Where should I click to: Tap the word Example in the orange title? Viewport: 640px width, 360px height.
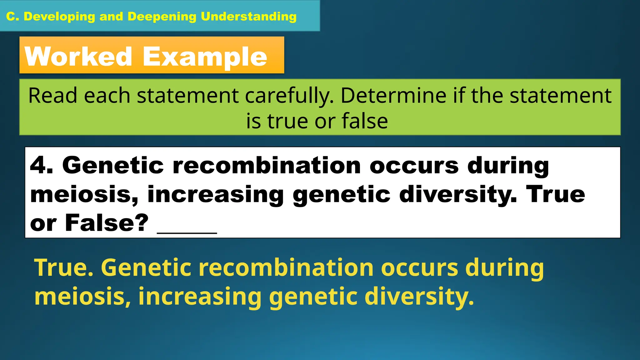[205, 57]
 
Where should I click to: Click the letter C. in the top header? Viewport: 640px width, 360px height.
[12, 17]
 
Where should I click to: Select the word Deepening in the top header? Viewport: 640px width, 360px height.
[162, 17]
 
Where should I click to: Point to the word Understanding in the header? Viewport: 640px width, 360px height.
[248, 17]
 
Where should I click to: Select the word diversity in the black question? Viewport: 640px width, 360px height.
[458, 194]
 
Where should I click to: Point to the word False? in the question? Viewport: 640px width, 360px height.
[107, 223]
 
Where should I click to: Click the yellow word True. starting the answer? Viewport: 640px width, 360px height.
[64, 268]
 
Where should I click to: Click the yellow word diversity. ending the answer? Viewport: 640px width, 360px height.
[419, 297]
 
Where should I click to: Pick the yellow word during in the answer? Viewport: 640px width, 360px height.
[504, 268]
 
